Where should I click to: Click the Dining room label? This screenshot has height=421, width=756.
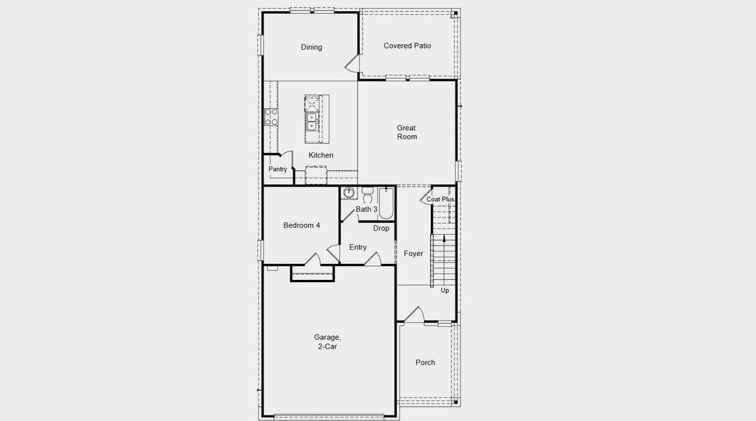click(x=312, y=47)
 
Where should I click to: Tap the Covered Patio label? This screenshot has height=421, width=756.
click(x=407, y=46)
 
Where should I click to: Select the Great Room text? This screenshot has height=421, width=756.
click(x=406, y=132)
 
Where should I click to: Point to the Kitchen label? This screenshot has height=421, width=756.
click(x=321, y=155)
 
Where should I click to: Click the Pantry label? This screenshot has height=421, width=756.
click(x=277, y=169)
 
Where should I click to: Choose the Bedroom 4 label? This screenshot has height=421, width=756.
click(x=301, y=225)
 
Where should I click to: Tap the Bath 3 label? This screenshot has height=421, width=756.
click(x=366, y=209)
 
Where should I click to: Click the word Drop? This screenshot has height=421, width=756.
click(x=381, y=228)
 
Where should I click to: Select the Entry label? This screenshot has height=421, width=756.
click(x=357, y=247)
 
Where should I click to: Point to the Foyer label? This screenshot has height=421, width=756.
click(x=413, y=253)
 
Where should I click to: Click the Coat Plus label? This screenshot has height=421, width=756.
click(x=440, y=199)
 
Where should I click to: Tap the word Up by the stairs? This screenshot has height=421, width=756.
click(x=445, y=290)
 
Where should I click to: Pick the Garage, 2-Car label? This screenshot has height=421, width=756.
click(x=327, y=342)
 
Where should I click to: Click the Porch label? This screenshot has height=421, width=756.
click(x=425, y=363)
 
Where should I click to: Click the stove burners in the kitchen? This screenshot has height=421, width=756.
click(x=270, y=117)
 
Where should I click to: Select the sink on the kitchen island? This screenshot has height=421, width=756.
click(x=312, y=126)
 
